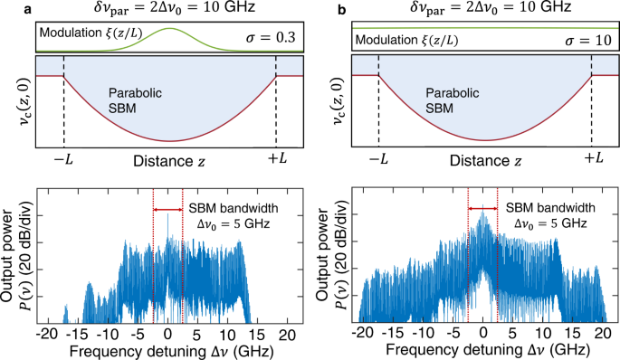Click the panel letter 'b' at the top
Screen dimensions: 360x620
coord(317,8)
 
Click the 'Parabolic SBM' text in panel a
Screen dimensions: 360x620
coord(133,101)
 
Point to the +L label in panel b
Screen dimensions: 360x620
coord(593,158)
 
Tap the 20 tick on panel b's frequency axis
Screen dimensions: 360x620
coord(601,333)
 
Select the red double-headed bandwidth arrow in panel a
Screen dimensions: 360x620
coord(168,210)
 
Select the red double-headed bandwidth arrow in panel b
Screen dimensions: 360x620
coord(482,210)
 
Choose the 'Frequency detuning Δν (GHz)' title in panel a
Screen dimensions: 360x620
coord(168,349)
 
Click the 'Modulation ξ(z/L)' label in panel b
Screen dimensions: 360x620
coord(406,41)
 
